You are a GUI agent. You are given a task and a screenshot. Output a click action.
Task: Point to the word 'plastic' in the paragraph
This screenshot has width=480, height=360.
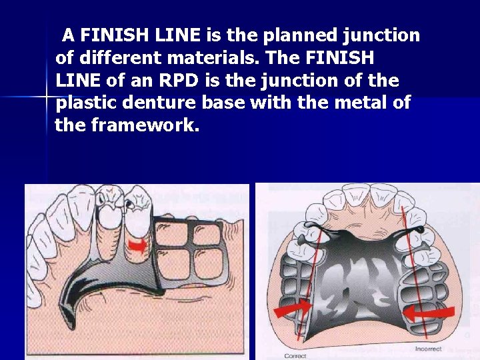click(x=90, y=103)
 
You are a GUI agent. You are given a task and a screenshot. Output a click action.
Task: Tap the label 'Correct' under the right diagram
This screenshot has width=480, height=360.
click(x=295, y=356)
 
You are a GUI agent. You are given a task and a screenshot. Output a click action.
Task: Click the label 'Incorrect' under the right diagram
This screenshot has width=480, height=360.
click(x=428, y=349)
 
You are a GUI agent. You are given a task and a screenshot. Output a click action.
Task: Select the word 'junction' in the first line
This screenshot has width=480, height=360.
click(x=387, y=35)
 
